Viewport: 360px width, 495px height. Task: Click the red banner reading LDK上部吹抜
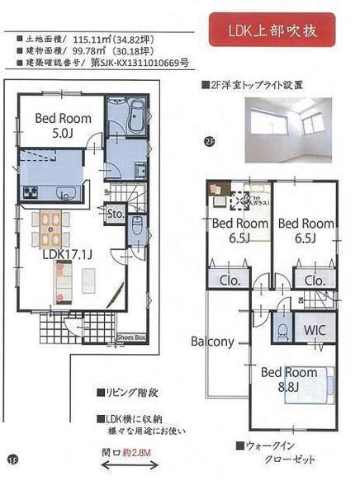point(271,32)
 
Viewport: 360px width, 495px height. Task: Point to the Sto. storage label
point(115,215)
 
